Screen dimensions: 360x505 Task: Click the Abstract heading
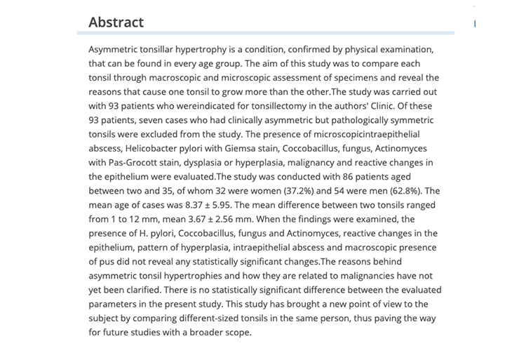tap(116, 22)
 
